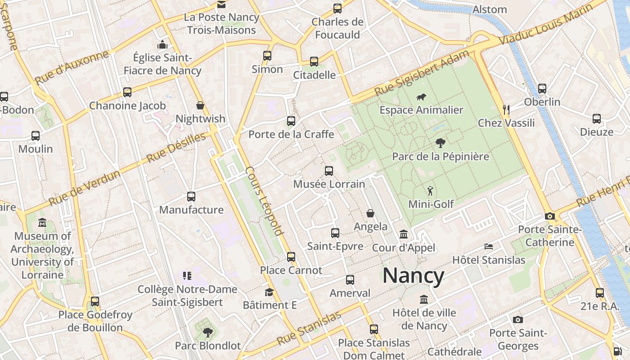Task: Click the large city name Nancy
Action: tap(413, 275)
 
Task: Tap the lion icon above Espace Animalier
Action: tap(421, 97)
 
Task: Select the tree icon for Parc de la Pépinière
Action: tap(441, 144)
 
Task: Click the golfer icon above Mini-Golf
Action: tap(431, 191)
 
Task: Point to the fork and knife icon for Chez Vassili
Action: tap(506, 109)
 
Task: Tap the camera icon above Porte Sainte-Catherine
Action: tap(549, 216)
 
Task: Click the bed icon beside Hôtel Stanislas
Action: tap(489, 247)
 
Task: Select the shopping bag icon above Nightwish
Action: tap(200, 105)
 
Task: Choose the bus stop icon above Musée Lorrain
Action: tap(329, 171)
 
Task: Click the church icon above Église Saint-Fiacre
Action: tap(162, 45)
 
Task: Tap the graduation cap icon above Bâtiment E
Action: tap(269, 292)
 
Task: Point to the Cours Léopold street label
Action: tap(265, 201)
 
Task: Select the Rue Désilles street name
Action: tap(176, 148)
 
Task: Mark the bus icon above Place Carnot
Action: tap(291, 257)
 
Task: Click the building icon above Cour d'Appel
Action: tap(404, 234)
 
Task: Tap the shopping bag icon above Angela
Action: tap(370, 213)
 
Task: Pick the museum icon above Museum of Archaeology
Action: tap(42, 222)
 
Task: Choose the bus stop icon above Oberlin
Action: tap(542, 89)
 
